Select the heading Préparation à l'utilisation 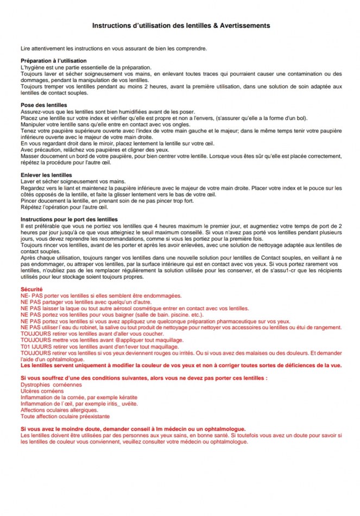pos(53,60)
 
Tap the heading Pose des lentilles pos(43,105)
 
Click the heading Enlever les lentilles pos(46,175)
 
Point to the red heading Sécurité pos(31,290)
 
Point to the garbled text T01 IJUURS pos(34,346)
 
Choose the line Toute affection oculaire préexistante pos(65,417)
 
